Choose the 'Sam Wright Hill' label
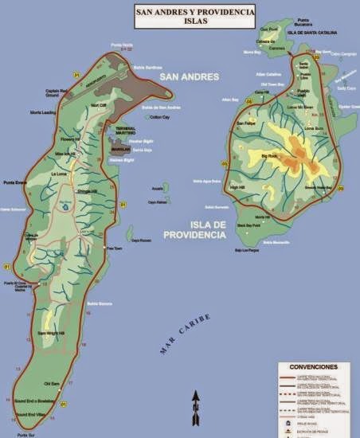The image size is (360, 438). [50, 332]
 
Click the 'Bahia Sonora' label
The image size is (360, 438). [98, 303]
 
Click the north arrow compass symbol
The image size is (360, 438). [194, 408]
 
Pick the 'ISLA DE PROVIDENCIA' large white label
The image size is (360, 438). [197, 229]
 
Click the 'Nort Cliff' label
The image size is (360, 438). [99, 105]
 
